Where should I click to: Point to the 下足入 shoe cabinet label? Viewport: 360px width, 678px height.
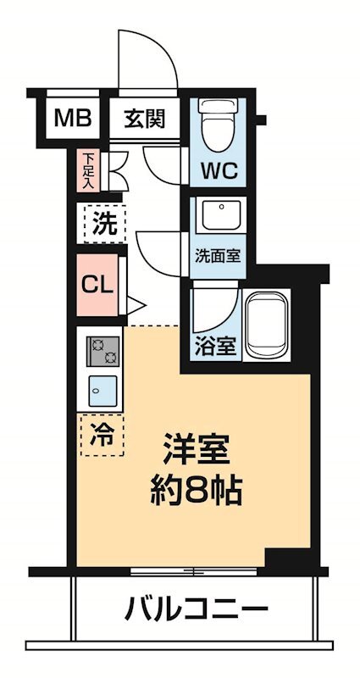pyautogui.click(x=89, y=169)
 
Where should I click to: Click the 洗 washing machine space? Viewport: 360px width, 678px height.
pyautogui.click(x=104, y=225)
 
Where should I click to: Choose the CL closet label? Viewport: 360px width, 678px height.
pyautogui.click(x=97, y=284)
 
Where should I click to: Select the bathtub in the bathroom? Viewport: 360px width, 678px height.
pyautogui.click(x=268, y=326)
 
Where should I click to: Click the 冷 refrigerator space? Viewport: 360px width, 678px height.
pyautogui.click(x=102, y=435)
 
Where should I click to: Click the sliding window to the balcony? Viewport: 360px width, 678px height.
pyautogui.click(x=195, y=571)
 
